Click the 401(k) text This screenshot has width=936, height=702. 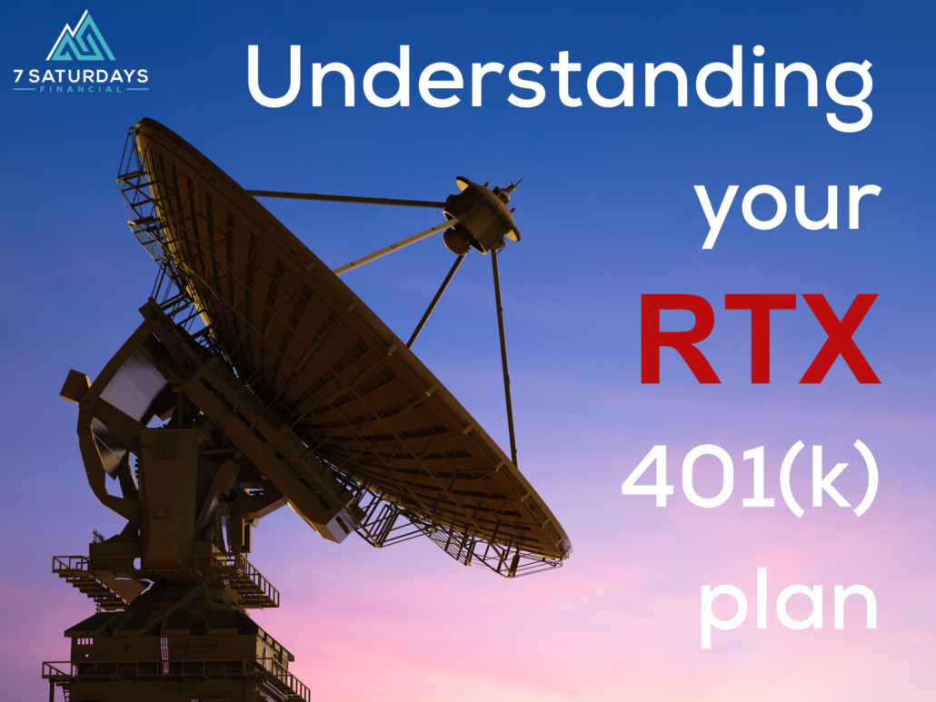click(751, 480)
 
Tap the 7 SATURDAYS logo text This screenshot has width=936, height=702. click(81, 77)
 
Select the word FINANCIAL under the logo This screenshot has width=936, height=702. click(81, 91)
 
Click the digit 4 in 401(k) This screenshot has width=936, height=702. click(649, 480)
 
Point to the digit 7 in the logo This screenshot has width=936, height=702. click(19, 77)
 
